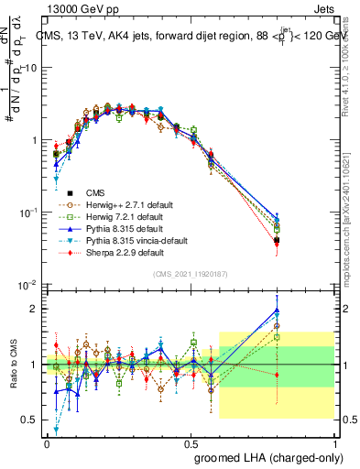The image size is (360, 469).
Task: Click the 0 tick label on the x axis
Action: click(47, 443)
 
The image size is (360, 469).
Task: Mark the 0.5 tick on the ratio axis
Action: click(31, 420)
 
